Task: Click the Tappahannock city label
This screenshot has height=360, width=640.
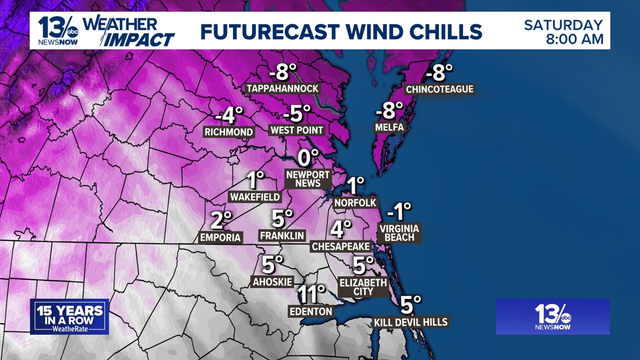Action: (x=282, y=89)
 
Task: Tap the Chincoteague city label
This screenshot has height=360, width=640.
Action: (x=440, y=89)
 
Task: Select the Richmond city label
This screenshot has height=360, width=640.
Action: (x=228, y=132)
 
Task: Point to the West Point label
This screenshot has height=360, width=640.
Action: (x=297, y=130)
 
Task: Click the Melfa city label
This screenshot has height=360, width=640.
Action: (x=389, y=127)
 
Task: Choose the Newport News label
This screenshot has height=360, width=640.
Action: (x=308, y=179)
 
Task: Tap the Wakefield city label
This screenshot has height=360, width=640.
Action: (x=255, y=197)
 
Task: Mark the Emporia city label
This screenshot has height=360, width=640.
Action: (x=220, y=238)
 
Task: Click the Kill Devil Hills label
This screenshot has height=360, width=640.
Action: (x=411, y=322)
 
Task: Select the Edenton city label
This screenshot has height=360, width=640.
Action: (x=310, y=311)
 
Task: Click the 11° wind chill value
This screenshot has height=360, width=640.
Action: (x=311, y=294)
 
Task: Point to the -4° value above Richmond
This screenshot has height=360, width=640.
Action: (x=229, y=115)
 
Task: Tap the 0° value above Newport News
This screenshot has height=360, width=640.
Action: (x=308, y=158)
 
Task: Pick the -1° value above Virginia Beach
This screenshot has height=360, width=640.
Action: (x=399, y=211)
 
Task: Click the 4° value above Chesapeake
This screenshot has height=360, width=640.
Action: (x=340, y=229)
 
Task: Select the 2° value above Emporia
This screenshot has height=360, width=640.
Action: (x=221, y=220)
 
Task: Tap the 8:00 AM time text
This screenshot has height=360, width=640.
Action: (x=575, y=39)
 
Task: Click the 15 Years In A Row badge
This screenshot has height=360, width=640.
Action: (x=70, y=317)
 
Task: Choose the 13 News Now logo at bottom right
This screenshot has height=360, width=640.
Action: (x=552, y=317)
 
